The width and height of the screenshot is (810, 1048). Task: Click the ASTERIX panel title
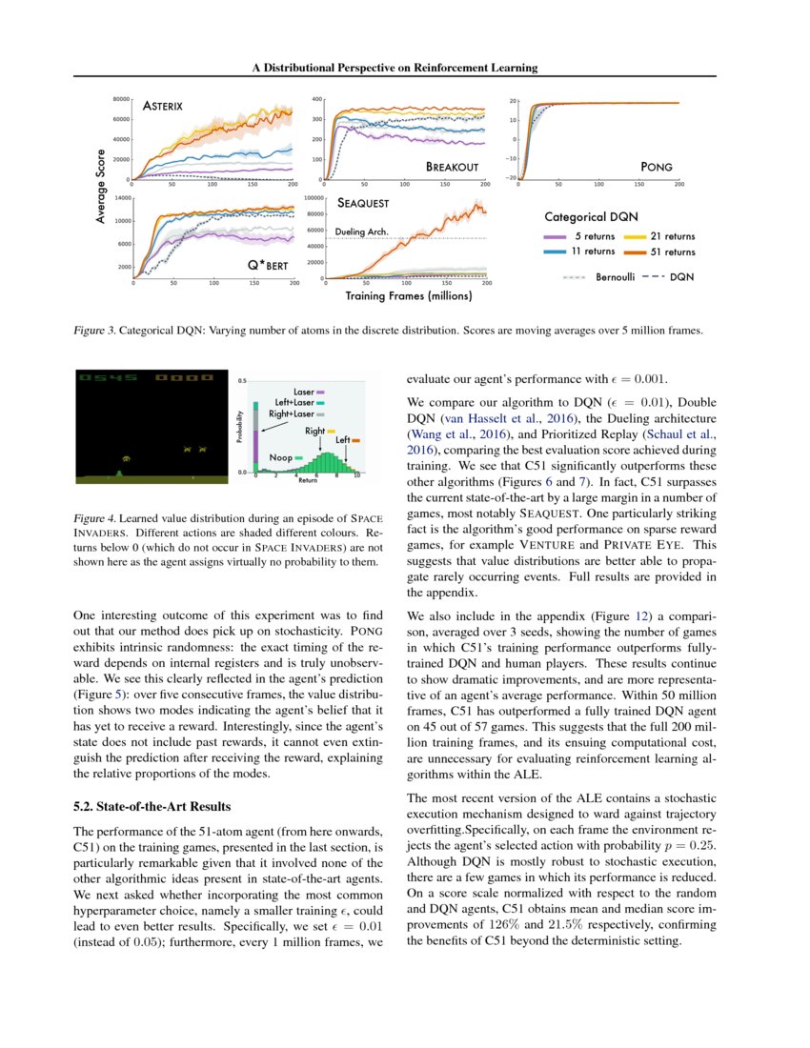click(163, 106)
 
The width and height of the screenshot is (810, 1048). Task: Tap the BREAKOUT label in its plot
click(452, 167)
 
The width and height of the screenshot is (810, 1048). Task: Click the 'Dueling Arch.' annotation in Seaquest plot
click(362, 232)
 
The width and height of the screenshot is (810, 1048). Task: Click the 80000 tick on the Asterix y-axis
click(121, 98)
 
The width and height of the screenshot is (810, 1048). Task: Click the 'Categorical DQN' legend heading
click(592, 217)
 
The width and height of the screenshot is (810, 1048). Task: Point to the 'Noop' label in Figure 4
click(281, 458)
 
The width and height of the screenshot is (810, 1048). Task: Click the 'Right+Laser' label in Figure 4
click(291, 415)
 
